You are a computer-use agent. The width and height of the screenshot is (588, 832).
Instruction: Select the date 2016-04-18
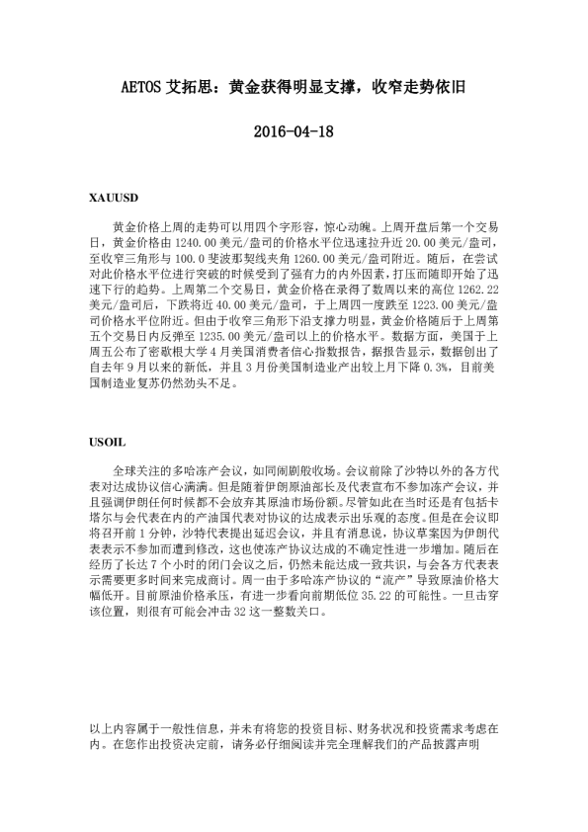click(x=294, y=130)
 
